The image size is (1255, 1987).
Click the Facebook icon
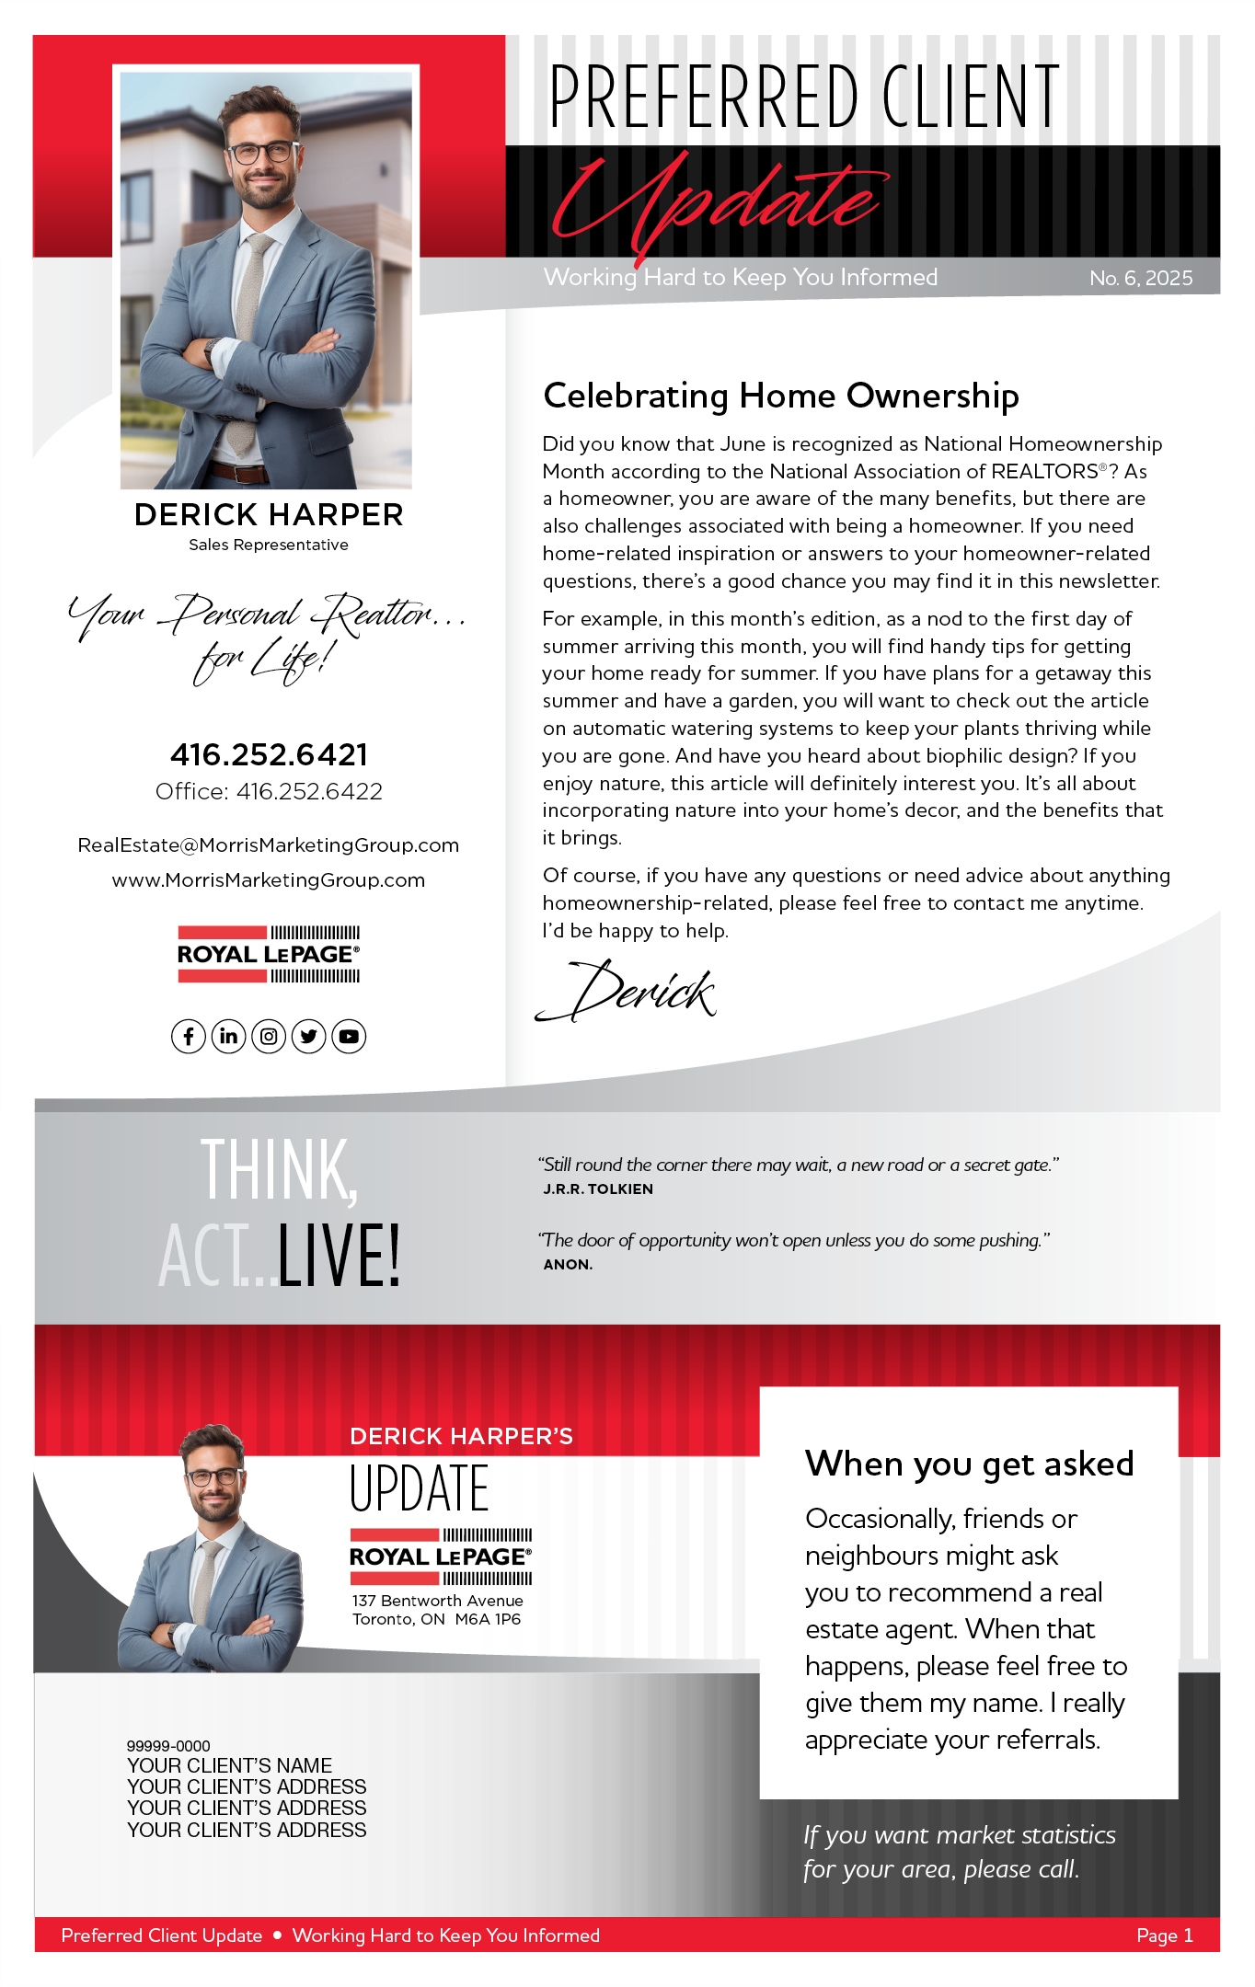click(x=189, y=1037)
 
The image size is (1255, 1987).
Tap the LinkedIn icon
click(x=228, y=1037)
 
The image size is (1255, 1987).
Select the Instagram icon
click(x=269, y=1037)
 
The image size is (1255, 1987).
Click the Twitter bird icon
click(x=309, y=1037)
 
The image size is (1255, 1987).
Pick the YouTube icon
click(x=349, y=1037)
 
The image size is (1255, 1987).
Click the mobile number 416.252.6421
click(x=269, y=755)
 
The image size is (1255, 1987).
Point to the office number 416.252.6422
click(x=309, y=792)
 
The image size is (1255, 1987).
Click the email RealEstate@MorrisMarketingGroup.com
click(x=269, y=845)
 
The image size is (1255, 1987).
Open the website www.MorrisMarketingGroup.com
click(x=269, y=880)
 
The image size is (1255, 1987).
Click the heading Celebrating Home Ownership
click(x=780, y=396)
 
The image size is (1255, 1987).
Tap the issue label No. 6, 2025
click(x=1140, y=279)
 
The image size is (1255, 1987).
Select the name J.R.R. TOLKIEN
click(x=598, y=1189)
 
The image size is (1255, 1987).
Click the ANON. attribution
click(x=568, y=1265)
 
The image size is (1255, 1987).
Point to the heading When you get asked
click(x=969, y=1464)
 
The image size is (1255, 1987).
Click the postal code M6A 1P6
click(x=488, y=1619)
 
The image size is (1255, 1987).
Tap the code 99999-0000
click(x=168, y=1746)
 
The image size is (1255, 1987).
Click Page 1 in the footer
click(x=1164, y=1935)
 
